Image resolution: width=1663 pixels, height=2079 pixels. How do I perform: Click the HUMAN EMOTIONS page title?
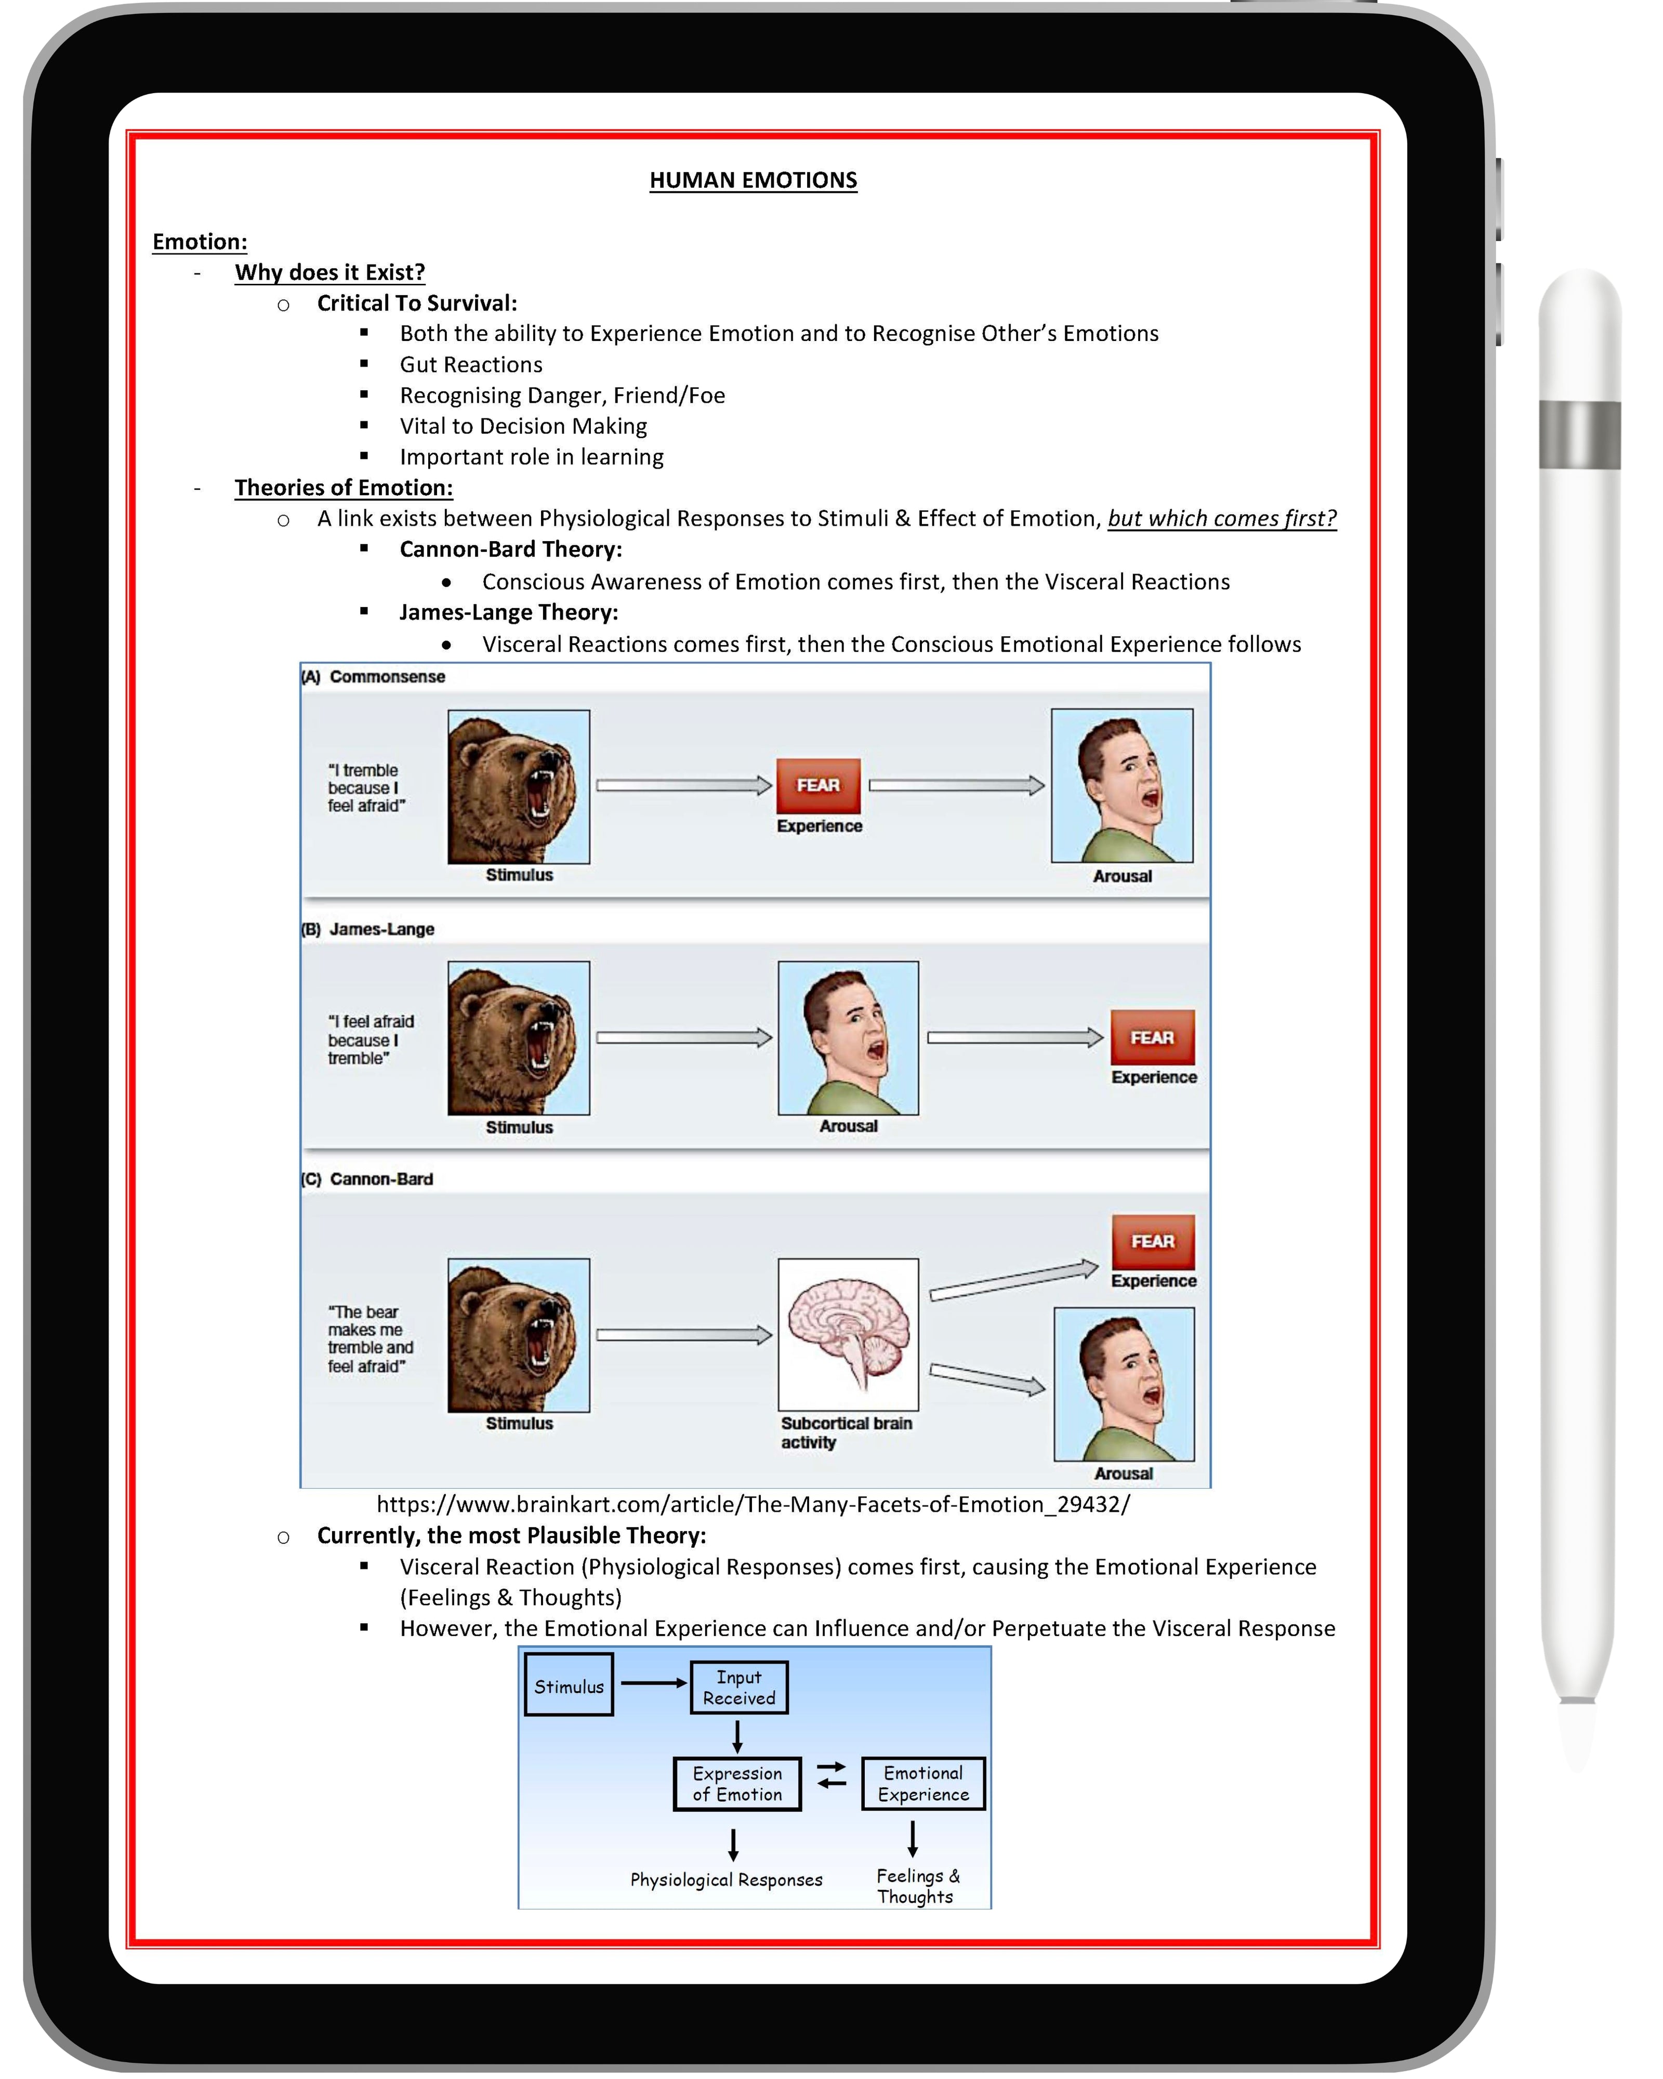click(753, 180)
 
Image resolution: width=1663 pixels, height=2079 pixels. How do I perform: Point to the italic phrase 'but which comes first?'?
click(1221, 519)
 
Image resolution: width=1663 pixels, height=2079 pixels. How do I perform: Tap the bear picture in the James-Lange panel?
click(519, 1037)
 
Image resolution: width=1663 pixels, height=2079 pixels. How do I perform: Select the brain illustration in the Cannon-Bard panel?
click(848, 1334)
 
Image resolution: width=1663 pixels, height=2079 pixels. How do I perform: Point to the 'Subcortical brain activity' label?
click(846, 1433)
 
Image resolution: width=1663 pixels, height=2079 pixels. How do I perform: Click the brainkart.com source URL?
click(753, 1504)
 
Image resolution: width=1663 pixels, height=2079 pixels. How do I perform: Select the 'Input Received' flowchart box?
click(738, 1688)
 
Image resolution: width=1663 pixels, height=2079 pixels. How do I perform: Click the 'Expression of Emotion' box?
click(737, 1784)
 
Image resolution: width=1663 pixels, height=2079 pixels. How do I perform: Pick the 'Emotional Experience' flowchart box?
click(922, 1784)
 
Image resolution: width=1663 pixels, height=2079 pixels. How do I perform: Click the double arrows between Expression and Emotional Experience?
click(831, 1775)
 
